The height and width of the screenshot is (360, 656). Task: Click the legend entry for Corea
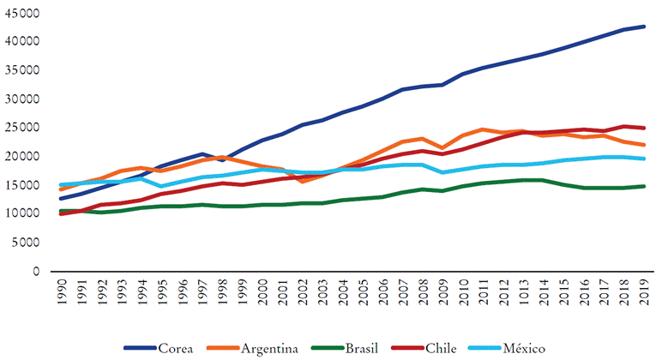pos(176,347)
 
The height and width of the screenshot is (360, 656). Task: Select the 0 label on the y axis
pos(35,272)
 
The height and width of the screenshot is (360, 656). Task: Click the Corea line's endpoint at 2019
pos(644,27)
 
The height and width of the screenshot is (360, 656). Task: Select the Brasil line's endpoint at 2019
pos(644,186)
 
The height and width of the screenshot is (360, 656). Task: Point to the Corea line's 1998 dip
pos(221,160)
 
